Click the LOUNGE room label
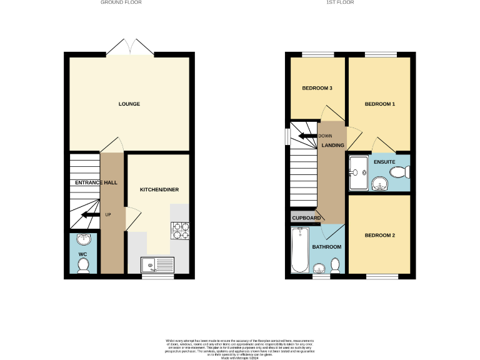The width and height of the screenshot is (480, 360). pyautogui.click(x=129, y=104)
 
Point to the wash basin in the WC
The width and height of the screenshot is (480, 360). pyautogui.click(x=82, y=239)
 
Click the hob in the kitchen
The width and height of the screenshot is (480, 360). pyautogui.click(x=180, y=231)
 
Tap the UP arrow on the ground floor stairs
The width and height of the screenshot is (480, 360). pyautogui.click(x=91, y=215)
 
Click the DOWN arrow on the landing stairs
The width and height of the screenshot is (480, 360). pyautogui.click(x=307, y=136)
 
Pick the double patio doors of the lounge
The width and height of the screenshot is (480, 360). pyautogui.click(x=129, y=47)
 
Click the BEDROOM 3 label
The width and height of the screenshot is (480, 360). pyautogui.click(x=317, y=88)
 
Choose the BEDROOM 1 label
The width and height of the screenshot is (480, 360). pyautogui.click(x=380, y=104)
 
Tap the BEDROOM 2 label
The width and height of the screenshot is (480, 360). pyautogui.click(x=380, y=236)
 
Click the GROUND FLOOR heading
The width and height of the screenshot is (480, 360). pyautogui.click(x=121, y=2)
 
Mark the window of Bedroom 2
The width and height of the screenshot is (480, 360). pyautogui.click(x=381, y=276)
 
